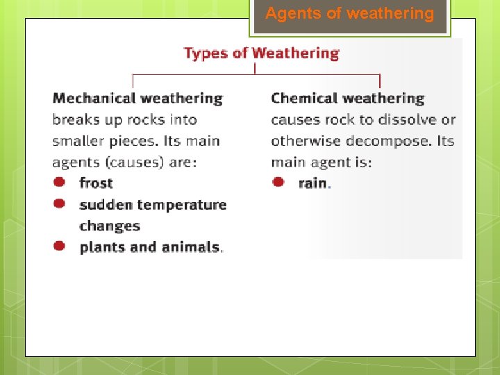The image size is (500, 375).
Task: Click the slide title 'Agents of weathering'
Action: click(349, 14)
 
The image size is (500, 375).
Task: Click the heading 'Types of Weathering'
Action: click(261, 53)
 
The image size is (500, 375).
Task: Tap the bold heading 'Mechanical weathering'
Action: click(137, 99)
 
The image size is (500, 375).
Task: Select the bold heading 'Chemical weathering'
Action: click(347, 99)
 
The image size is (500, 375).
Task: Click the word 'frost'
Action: click(96, 183)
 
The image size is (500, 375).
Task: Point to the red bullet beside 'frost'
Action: click(60, 182)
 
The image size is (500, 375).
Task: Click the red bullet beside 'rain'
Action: click(278, 182)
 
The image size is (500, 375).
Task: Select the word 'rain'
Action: click(312, 183)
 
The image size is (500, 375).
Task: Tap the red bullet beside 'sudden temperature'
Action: click(60, 203)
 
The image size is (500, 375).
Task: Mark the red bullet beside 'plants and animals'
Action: click(60, 246)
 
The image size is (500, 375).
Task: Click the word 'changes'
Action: click(110, 226)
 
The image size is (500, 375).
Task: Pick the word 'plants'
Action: click(101, 247)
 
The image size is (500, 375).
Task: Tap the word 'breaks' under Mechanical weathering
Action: click(74, 120)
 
